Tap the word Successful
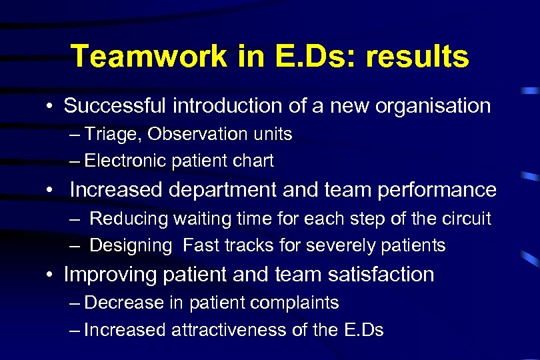117,106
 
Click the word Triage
114,134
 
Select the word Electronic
126,161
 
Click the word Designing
131,245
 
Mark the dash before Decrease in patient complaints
74,303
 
